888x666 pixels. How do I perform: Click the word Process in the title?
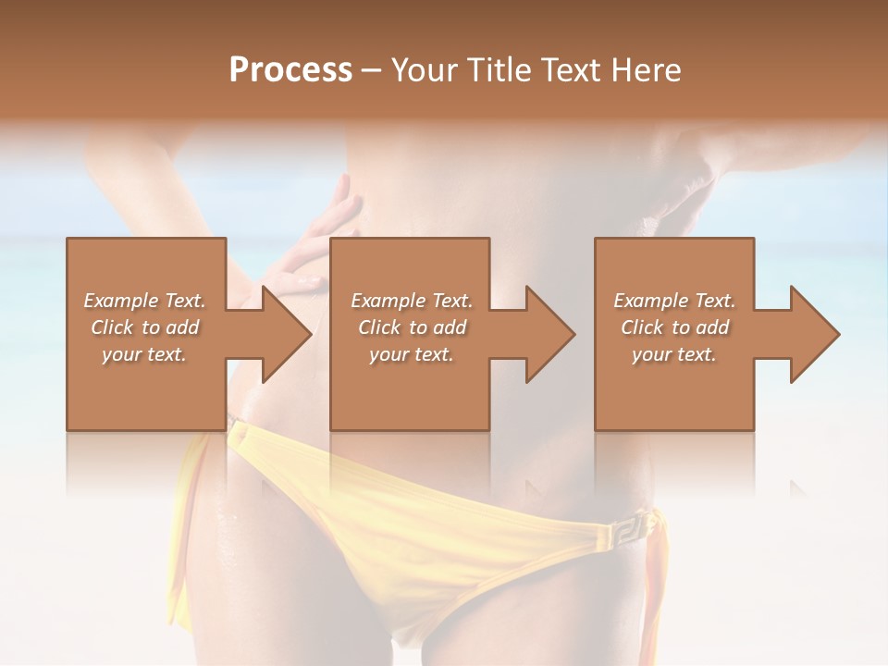pos(290,70)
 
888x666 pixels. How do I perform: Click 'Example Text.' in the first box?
pos(144,301)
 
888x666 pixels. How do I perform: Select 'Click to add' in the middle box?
pos(412,327)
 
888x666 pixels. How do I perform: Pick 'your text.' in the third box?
pos(674,354)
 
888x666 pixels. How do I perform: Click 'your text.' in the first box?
pos(144,354)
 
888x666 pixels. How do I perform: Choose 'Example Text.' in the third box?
pos(674,301)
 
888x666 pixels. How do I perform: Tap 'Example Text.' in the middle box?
pos(412,301)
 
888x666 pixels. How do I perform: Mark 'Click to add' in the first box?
pos(144,327)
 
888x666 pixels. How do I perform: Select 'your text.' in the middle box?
pos(412,354)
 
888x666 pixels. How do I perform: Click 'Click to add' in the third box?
pos(674,327)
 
